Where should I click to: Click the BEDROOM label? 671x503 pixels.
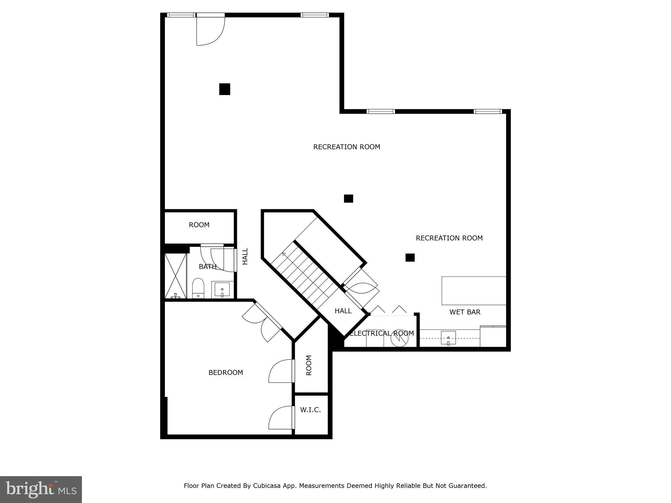click(x=226, y=373)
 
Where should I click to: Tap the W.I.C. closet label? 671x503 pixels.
click(x=310, y=410)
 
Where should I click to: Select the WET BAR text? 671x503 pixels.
click(x=465, y=312)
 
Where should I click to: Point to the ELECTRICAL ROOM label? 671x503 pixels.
click(x=382, y=333)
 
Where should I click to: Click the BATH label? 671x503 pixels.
click(x=207, y=267)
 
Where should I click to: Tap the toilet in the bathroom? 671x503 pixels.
click(x=198, y=288)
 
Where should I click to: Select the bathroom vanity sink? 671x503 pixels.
click(x=222, y=289)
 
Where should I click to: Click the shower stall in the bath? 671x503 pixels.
click(x=176, y=276)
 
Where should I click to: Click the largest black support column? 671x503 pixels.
click(x=225, y=89)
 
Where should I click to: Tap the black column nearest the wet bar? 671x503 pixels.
click(x=410, y=258)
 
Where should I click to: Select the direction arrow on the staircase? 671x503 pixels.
click(x=284, y=254)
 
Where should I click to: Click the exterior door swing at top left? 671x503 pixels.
click(x=210, y=31)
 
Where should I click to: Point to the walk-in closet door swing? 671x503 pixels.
click(x=280, y=418)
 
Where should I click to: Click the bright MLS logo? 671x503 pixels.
click(x=41, y=490)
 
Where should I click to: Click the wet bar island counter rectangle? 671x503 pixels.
click(x=474, y=291)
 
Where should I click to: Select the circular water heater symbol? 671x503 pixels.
click(x=399, y=338)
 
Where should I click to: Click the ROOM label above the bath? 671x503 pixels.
click(x=199, y=225)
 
